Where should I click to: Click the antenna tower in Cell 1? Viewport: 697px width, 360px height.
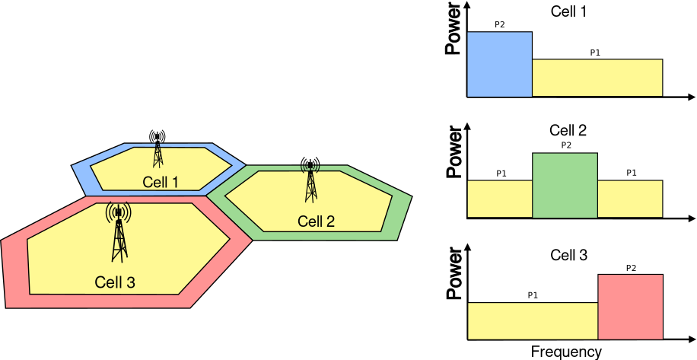click(x=158, y=149)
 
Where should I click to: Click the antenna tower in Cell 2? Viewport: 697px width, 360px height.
click(x=310, y=180)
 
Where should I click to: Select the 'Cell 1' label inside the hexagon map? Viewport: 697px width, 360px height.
click(x=160, y=182)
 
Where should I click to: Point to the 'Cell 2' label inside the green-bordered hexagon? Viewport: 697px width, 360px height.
click(x=316, y=221)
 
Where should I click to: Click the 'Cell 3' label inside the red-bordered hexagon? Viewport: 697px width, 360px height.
click(x=115, y=282)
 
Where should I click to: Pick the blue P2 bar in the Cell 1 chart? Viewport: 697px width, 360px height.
click(x=499, y=65)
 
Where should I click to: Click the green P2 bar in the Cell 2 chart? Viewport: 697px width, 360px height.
click(x=565, y=186)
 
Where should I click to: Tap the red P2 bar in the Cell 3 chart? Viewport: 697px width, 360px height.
click(x=630, y=307)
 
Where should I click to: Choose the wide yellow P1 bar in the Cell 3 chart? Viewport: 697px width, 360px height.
click(x=532, y=320)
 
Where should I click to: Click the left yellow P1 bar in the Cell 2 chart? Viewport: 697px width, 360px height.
click(x=499, y=199)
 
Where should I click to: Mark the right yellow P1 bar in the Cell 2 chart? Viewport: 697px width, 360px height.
click(x=630, y=199)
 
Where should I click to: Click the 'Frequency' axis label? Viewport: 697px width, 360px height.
click(x=565, y=352)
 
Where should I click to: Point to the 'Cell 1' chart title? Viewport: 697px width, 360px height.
click(x=568, y=11)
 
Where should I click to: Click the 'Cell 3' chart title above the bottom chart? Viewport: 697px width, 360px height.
click(x=568, y=255)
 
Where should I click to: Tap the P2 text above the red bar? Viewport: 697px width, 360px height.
click(x=631, y=268)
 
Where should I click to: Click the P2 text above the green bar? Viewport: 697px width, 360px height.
click(x=565, y=145)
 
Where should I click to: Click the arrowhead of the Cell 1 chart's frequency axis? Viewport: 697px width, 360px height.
click(x=691, y=97)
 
